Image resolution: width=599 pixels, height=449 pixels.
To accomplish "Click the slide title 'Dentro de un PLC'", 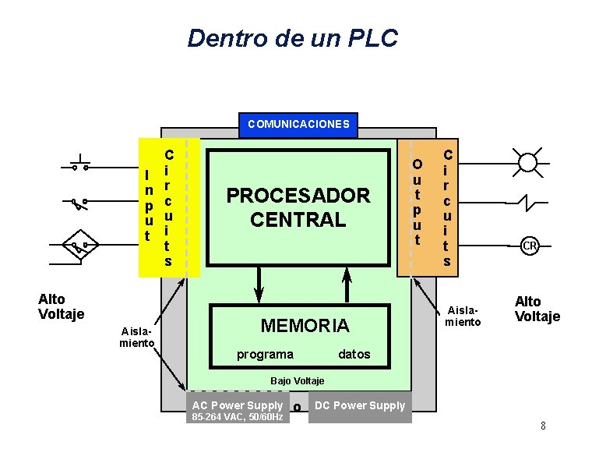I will pyautogui.click(x=293, y=37).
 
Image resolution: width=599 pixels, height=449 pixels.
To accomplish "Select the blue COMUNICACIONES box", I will pyautogui.click(x=298, y=124).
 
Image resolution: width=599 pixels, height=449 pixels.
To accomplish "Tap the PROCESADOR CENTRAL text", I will pyautogui.click(x=298, y=207).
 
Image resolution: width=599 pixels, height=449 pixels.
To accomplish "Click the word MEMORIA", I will pyautogui.click(x=305, y=325).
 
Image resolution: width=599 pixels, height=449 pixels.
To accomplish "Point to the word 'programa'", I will pyautogui.click(x=265, y=355).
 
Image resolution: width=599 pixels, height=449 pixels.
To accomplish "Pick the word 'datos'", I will pyautogui.click(x=354, y=355).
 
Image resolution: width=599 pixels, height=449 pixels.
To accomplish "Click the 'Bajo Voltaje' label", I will pyautogui.click(x=297, y=380).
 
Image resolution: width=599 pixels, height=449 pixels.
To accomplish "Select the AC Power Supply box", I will pyautogui.click(x=237, y=405).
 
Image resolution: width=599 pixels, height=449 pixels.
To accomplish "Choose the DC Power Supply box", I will pyautogui.click(x=360, y=405).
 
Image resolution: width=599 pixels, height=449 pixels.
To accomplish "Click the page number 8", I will pyautogui.click(x=543, y=426).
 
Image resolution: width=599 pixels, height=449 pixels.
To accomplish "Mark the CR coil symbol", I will pyautogui.click(x=530, y=246).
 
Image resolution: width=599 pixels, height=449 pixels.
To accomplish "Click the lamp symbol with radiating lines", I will pyautogui.click(x=528, y=162).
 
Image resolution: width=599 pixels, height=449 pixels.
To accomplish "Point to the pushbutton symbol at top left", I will pyautogui.click(x=79, y=163).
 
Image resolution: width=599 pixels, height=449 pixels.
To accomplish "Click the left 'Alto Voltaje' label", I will pyautogui.click(x=61, y=306).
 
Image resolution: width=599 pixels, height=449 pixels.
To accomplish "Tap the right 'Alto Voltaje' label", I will pyautogui.click(x=537, y=309).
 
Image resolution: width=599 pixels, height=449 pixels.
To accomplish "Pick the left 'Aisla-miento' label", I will pyautogui.click(x=137, y=338).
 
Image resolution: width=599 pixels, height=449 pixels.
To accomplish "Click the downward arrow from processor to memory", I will pyautogui.click(x=259, y=285).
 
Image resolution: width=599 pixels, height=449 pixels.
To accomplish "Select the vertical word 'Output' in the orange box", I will pyautogui.click(x=418, y=201).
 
